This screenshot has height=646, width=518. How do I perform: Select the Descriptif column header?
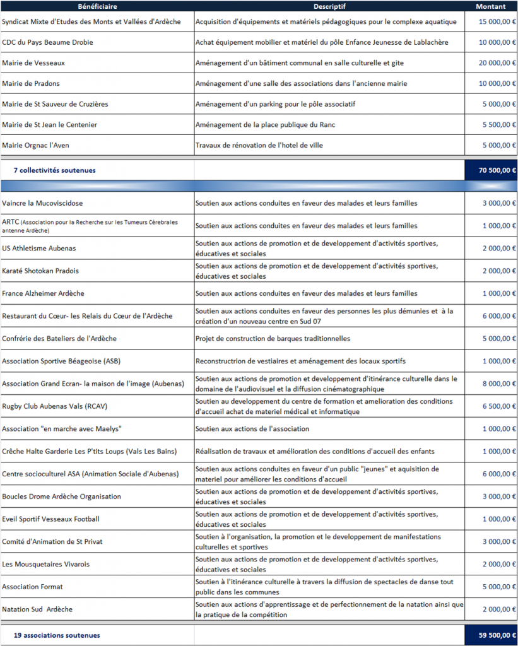click(328, 7)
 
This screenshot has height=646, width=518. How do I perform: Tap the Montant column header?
click(490, 7)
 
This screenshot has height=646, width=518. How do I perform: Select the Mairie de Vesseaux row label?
click(33, 63)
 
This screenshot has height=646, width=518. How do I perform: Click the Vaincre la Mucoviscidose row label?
click(42, 203)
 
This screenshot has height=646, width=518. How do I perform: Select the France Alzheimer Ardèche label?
click(43, 293)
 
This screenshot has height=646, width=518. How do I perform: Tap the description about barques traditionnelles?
click(273, 339)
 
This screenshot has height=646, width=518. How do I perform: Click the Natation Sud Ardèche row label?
click(37, 609)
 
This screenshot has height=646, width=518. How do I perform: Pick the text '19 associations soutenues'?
click(57, 635)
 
